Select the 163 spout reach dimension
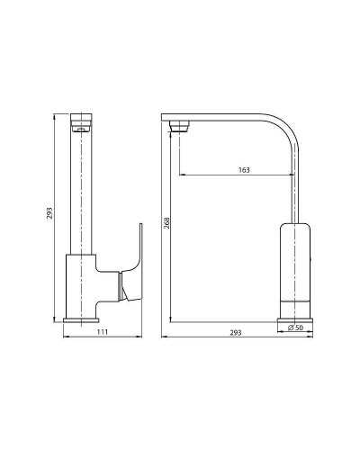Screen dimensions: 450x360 click(245, 169)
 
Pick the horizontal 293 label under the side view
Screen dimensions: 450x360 click(236, 334)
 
